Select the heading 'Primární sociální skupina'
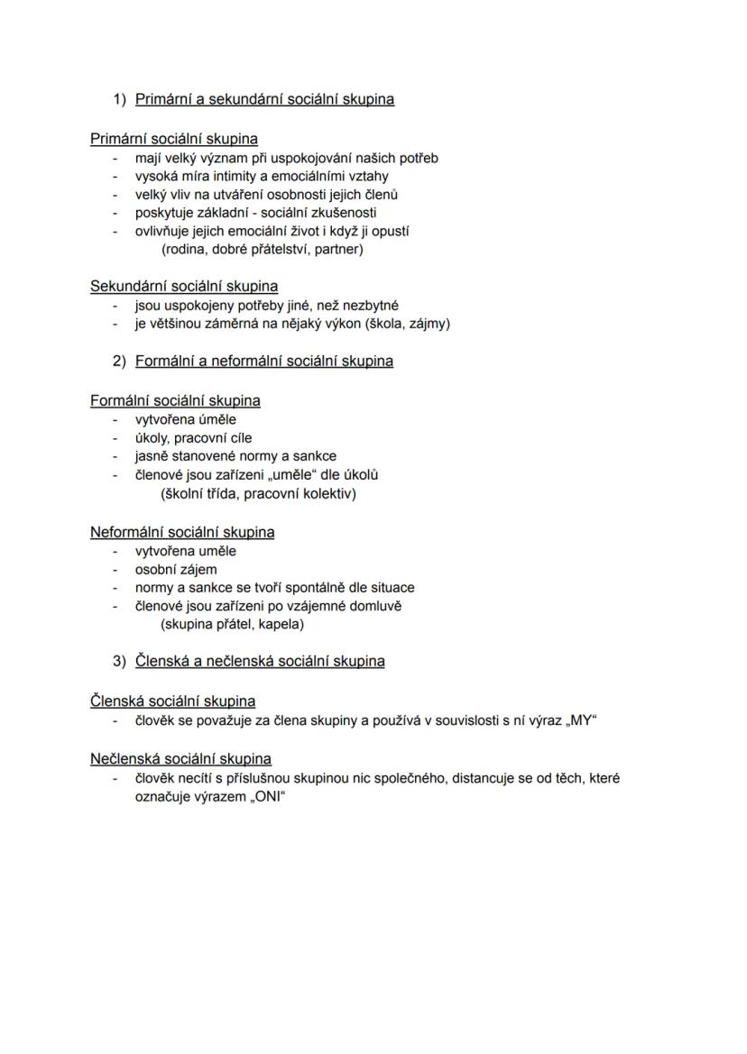tap(173, 139)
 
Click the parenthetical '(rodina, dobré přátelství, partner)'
tap(262, 249)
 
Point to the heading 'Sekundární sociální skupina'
tap(184, 287)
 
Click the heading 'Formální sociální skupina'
tap(175, 400)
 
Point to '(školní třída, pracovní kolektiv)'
tap(258, 493)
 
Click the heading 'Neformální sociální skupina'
tap(182, 532)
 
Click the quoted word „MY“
tap(582, 720)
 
